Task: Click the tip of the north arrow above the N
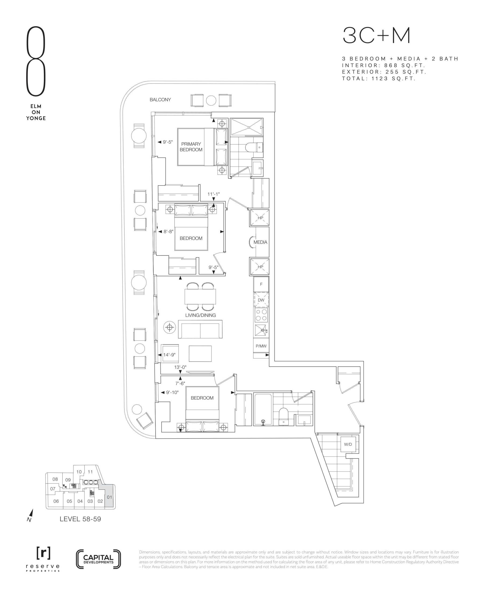click(x=33, y=509)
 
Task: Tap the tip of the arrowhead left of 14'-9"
click(x=158, y=355)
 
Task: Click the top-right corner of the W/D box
click(x=356, y=437)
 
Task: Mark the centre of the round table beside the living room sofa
click(x=170, y=327)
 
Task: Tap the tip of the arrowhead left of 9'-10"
click(x=161, y=393)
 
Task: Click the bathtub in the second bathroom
click(x=263, y=410)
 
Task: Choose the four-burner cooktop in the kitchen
click(x=261, y=315)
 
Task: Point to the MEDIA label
click(x=260, y=242)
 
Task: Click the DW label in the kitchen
click(x=261, y=300)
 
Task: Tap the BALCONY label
click(x=160, y=100)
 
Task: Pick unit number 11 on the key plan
click(x=90, y=472)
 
